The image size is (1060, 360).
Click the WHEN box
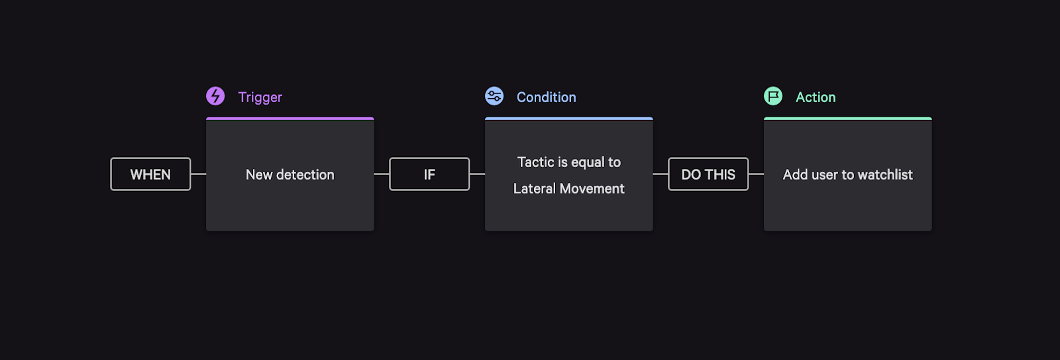coord(151,174)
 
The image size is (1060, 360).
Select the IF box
coord(429,174)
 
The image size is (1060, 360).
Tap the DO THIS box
coord(708,174)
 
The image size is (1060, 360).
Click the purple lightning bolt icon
coord(215,96)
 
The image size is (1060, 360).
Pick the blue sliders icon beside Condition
coord(494,96)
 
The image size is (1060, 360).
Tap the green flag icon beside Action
coord(773,96)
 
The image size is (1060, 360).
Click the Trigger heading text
coord(260,97)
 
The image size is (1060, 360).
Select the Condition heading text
coord(546,97)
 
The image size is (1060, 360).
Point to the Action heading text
coord(815,97)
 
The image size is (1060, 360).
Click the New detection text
coord(290,175)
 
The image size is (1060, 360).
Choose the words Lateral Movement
coord(569,188)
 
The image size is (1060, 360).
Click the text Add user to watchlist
coord(847,175)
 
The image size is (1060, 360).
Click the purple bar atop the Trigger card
coord(290,118)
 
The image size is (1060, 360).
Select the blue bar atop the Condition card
coord(569,118)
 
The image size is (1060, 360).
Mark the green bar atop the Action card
coord(847,118)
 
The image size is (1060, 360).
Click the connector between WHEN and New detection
coord(199,174)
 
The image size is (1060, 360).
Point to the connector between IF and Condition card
coord(477,174)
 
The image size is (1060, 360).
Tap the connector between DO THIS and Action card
coord(756,174)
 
